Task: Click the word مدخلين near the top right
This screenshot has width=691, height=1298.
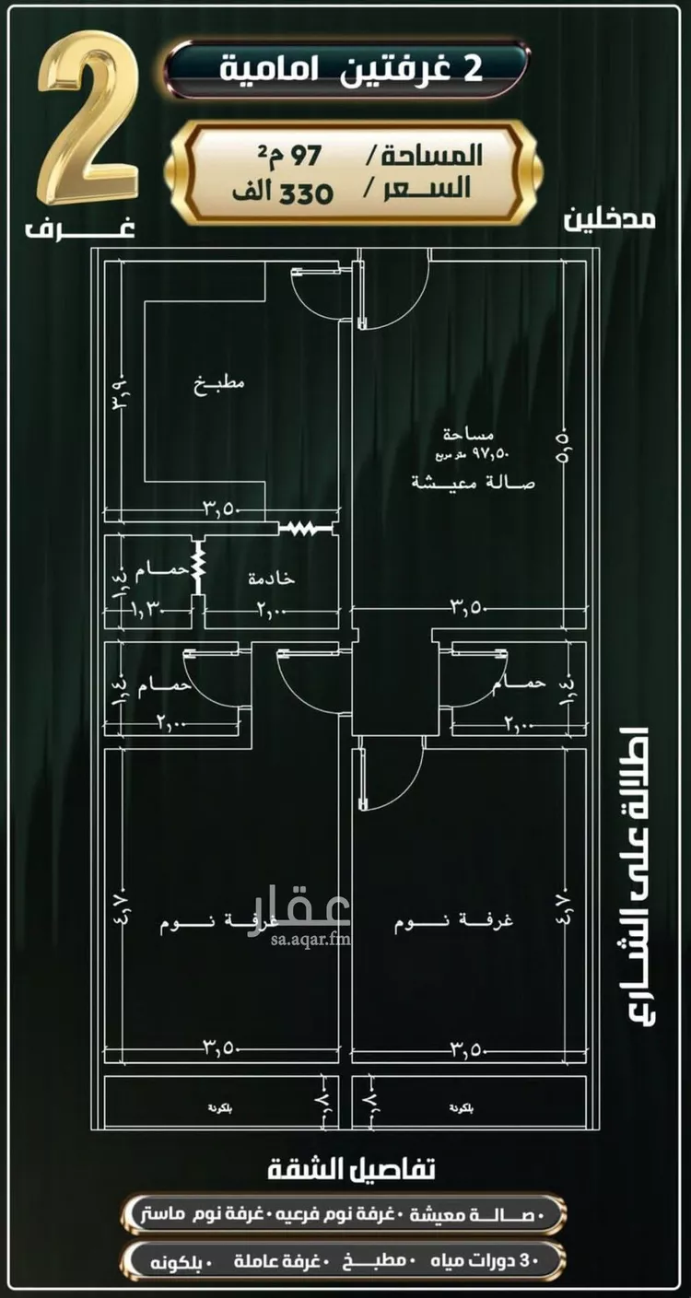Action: (610, 220)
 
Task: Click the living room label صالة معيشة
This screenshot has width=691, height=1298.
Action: (473, 482)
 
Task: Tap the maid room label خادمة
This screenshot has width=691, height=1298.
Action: (271, 578)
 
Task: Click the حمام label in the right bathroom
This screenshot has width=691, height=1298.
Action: (521, 684)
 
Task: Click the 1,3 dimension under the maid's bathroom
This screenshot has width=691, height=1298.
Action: (145, 608)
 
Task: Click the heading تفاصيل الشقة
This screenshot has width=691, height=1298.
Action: (351, 1171)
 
